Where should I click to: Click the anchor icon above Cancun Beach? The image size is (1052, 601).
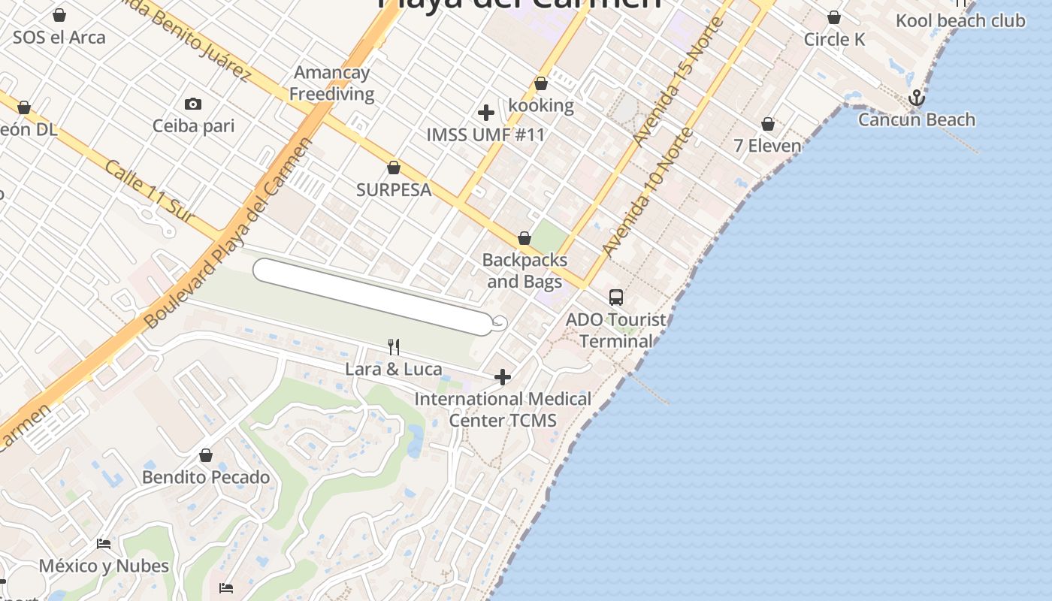tap(916, 98)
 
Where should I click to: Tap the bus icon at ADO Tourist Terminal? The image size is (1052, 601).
tap(616, 297)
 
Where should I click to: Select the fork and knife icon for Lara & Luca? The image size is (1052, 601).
tap(393, 346)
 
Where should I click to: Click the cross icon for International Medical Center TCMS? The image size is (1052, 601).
tap(503, 376)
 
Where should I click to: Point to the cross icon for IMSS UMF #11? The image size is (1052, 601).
tap(486, 113)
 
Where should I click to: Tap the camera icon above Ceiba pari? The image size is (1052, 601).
tap(193, 104)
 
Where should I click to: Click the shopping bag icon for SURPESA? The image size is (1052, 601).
tap(393, 168)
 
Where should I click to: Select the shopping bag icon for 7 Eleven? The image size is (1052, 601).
tap(768, 124)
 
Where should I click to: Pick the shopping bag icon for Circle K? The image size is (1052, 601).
tap(833, 17)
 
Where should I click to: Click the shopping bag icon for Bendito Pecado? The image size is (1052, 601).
tap(206, 455)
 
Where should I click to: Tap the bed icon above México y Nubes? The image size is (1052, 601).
tap(104, 543)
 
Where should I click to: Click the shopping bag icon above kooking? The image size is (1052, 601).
tap(540, 83)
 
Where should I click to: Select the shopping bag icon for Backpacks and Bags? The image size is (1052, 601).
tap(524, 239)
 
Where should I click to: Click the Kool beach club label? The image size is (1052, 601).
tap(960, 20)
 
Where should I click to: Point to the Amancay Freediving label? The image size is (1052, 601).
tap(331, 83)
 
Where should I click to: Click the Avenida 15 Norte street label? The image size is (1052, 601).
tap(678, 81)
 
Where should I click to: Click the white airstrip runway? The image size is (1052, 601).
tap(372, 296)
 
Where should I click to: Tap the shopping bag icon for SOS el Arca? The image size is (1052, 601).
tap(59, 15)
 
